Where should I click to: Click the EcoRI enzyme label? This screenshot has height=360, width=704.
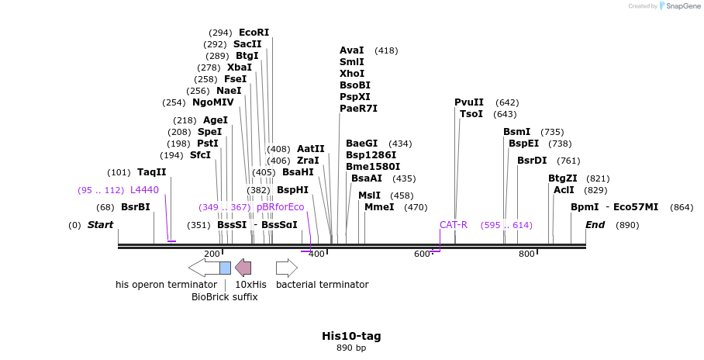click(254, 33)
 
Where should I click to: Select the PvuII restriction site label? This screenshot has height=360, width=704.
click(468, 102)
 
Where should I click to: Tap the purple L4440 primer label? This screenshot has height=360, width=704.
click(144, 190)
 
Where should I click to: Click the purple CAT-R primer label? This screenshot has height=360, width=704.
click(454, 225)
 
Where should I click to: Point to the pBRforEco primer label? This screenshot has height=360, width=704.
click(280, 207)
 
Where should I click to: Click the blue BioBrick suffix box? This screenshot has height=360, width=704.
click(225, 268)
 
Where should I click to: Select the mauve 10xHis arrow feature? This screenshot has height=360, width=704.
click(243, 268)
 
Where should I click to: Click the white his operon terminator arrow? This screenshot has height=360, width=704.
click(204, 268)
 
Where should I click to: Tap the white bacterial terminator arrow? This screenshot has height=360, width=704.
click(286, 268)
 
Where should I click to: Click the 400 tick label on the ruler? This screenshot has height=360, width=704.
click(316, 254)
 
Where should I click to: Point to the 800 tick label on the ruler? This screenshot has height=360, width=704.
click(526, 254)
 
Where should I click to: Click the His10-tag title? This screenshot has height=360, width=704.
click(351, 336)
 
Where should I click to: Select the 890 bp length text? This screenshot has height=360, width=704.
click(351, 348)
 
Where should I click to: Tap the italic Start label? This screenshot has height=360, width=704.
click(100, 225)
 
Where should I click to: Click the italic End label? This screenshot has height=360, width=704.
click(595, 225)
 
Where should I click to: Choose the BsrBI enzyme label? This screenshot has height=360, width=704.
click(135, 207)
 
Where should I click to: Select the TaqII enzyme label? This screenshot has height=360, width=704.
click(151, 172)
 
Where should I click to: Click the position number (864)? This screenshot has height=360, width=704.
click(682, 207)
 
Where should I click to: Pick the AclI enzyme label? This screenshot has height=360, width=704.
click(564, 190)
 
